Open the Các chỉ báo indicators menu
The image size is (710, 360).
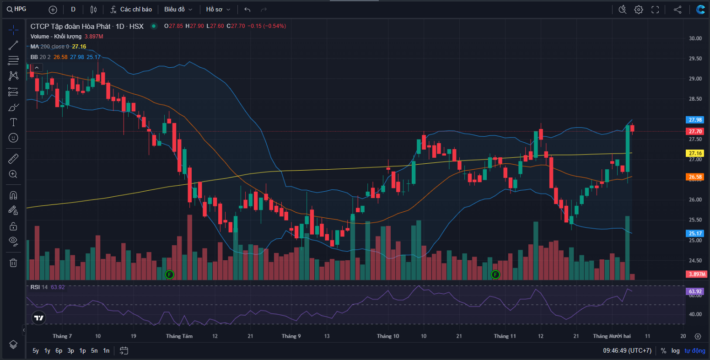point(131,9)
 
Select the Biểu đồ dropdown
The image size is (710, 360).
point(178,9)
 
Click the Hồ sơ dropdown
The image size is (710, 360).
point(218,9)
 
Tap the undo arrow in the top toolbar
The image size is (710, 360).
point(247,9)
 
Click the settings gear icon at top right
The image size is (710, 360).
point(639,9)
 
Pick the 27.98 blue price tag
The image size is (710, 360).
point(695,120)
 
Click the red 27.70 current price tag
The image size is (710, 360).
point(695,131)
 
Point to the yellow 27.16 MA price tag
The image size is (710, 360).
point(695,153)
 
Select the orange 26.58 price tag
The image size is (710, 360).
point(695,177)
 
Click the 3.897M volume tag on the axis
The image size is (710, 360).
point(696,274)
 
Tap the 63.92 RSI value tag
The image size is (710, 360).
point(695,291)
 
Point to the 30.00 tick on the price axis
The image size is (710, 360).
point(695,38)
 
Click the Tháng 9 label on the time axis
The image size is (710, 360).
point(291,336)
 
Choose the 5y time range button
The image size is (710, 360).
point(36,351)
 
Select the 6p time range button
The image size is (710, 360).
point(59,351)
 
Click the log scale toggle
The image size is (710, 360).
point(676,351)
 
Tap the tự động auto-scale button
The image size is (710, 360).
point(695,351)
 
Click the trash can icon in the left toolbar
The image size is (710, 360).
point(13,263)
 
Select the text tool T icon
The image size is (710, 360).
point(13,122)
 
